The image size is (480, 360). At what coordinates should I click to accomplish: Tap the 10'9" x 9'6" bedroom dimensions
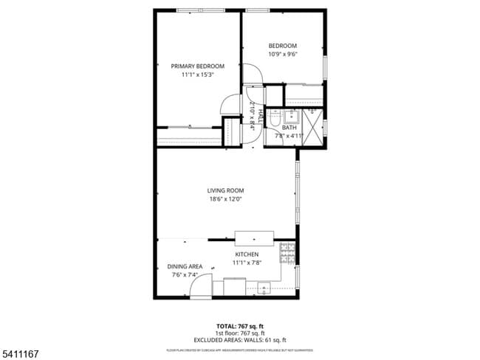point(282,54)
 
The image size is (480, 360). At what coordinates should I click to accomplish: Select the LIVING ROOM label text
point(224,190)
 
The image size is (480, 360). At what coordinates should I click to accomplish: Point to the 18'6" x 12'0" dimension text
point(224,198)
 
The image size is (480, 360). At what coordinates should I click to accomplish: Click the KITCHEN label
point(247,255)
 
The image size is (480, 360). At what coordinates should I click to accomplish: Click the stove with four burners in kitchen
point(287,255)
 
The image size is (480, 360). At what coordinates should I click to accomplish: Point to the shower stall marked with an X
point(313,126)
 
